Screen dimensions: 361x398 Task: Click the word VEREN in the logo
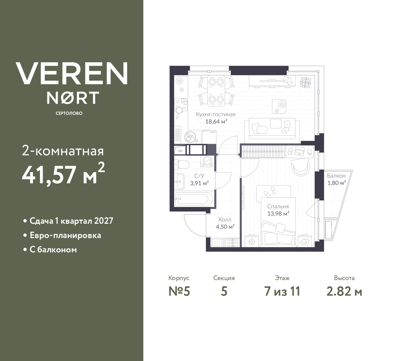72,73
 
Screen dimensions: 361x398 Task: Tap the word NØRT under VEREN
73,98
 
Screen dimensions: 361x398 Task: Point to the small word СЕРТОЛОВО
69,113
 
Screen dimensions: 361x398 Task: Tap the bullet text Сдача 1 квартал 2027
71,221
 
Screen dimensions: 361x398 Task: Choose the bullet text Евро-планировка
65,235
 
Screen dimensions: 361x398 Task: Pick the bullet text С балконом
53,250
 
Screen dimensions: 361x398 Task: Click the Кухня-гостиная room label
215,114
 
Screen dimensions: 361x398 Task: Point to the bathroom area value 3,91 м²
199,183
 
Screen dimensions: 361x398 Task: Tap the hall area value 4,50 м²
225,227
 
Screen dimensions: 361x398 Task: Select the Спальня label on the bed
278,206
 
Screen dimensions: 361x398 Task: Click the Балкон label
336,176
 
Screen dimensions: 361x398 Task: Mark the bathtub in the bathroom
194,199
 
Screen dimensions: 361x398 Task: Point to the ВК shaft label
181,151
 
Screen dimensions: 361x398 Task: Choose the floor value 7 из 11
282,292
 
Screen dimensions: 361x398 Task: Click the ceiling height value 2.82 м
344,292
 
